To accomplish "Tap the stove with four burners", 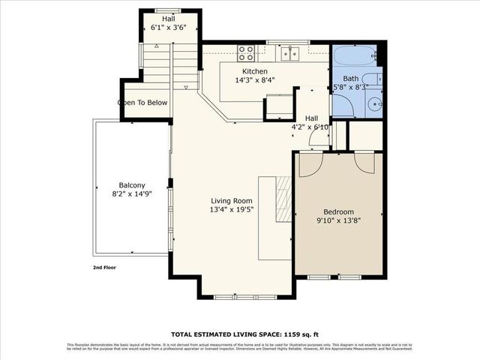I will (x=245, y=52).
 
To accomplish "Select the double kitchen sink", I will (x=291, y=53).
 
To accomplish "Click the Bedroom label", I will (x=338, y=211).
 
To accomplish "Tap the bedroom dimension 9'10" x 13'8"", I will (x=338, y=221).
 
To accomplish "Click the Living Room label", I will (x=232, y=200).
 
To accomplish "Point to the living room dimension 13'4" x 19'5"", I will (x=232, y=210).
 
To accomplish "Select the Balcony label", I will (x=131, y=185).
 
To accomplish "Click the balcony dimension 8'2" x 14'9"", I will (x=131, y=195).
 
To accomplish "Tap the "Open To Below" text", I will (x=143, y=103).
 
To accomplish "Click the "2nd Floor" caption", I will (x=104, y=267).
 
